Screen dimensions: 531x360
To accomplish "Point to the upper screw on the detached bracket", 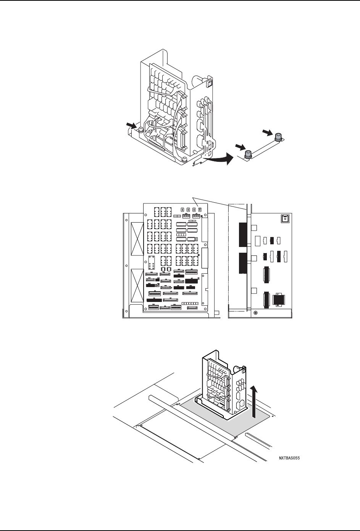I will pos(279,136).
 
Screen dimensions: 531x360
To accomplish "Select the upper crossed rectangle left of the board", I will pos(136,239).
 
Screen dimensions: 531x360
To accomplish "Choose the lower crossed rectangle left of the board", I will pos(136,285).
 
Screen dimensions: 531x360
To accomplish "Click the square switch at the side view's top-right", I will pos(284,219).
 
